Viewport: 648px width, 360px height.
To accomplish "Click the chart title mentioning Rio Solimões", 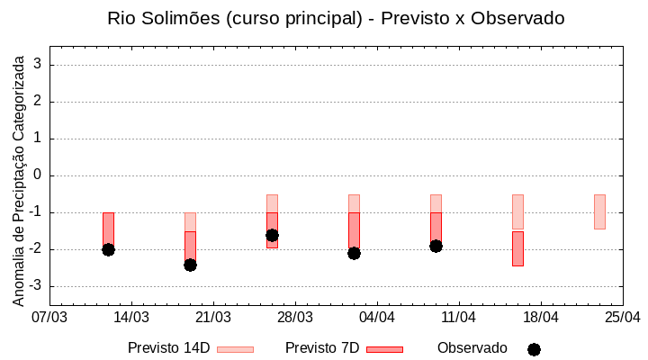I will pos(336,18).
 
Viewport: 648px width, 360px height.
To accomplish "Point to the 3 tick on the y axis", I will pos(39,64).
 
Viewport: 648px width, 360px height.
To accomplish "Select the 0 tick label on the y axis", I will pos(39,175).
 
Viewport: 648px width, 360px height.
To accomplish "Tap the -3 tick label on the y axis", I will pos(36,285).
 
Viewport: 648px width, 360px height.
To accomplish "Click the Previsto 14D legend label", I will pos(168,348).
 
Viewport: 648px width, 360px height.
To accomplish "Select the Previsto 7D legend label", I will pos(322,348).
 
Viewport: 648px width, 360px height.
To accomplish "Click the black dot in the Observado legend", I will pos(534,349).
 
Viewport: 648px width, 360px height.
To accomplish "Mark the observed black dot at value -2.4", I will pos(190,265).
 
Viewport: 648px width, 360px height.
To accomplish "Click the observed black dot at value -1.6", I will pos(272,235).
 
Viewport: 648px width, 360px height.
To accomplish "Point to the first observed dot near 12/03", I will pos(108,249).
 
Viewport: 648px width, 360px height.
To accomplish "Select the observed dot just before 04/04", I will pos(354,253).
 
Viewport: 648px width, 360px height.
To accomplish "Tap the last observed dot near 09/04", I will pos(436,246).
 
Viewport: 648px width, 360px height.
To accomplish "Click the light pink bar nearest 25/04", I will pos(599,211).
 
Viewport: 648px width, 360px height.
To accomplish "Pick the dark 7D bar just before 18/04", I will pos(517,248).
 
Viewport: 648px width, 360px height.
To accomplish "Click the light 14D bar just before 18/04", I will pos(517,211).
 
